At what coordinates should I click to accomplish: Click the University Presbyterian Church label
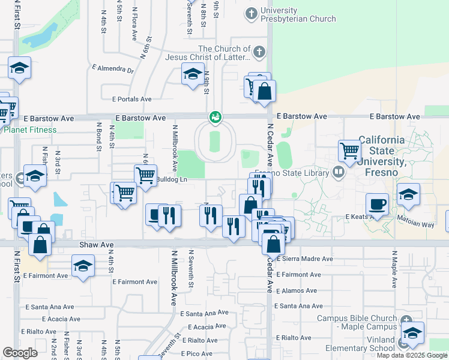point(298,14)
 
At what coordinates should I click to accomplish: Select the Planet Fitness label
point(30,130)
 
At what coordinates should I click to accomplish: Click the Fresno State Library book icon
point(339,173)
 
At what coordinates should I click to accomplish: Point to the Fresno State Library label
point(292,173)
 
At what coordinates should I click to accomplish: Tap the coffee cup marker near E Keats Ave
point(377,205)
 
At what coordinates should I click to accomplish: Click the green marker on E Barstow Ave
point(214,117)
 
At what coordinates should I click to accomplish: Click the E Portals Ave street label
point(131,99)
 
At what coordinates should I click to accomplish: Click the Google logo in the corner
point(20,352)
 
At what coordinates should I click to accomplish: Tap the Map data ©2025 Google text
point(412,355)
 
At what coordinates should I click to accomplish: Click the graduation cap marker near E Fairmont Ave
point(83,266)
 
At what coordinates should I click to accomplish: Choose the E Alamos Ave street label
point(295,290)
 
